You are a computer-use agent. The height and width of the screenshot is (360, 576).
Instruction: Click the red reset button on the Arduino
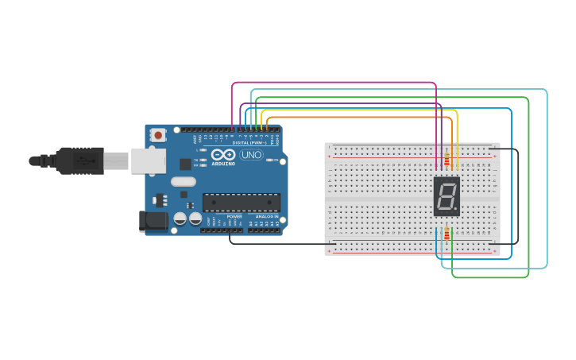[x=158, y=135]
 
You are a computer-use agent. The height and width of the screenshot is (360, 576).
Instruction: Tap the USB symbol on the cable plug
[x=83, y=161]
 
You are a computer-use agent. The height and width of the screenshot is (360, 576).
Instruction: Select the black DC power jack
[x=153, y=221]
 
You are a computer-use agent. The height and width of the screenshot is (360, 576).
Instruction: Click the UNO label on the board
[x=251, y=155]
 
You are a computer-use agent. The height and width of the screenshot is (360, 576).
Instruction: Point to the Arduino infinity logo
[x=223, y=155]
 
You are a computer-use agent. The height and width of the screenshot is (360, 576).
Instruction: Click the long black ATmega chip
[x=241, y=203]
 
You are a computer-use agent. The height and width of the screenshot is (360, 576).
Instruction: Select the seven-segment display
[x=446, y=196]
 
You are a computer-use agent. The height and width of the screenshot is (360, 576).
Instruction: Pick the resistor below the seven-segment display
[x=446, y=234]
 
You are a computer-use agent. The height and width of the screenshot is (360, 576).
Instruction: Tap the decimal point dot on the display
[x=457, y=211]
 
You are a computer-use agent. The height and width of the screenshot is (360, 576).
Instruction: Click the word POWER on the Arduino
[x=234, y=216]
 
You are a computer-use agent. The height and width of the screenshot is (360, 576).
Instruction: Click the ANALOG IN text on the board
[x=265, y=216]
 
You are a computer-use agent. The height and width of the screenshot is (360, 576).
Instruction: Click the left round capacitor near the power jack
[x=180, y=218]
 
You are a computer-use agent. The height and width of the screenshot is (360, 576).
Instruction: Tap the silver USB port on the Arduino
[x=149, y=161]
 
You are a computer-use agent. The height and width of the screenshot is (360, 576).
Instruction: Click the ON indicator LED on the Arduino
[x=270, y=161]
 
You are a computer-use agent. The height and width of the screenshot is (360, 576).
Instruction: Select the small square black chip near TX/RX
[x=185, y=164]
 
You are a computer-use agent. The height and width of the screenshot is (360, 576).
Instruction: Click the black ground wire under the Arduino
[x=278, y=244]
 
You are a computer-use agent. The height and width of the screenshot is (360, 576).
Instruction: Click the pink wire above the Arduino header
[x=334, y=82]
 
